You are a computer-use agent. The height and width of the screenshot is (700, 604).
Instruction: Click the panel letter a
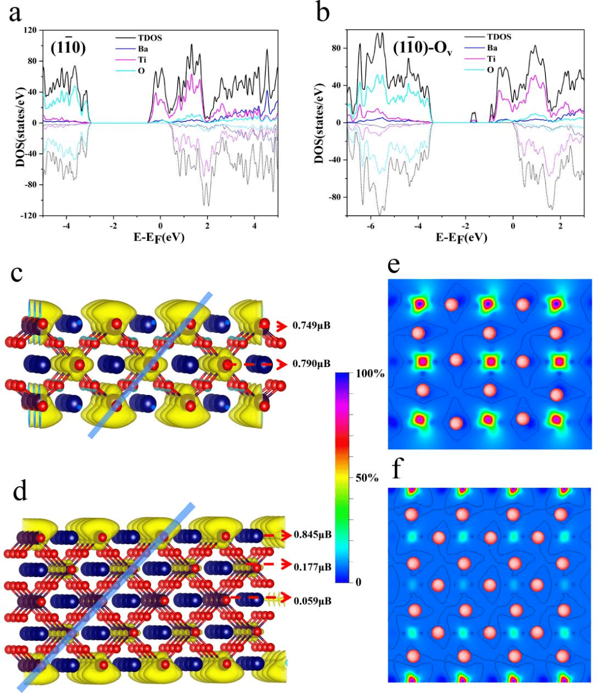coord(15,13)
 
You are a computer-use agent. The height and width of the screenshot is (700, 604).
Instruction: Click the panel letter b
coord(323,12)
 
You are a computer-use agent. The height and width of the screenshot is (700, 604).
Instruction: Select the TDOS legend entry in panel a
coord(150,38)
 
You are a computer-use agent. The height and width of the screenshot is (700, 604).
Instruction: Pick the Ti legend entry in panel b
coord(490,59)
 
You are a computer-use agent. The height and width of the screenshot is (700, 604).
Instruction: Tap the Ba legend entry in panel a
coord(143,49)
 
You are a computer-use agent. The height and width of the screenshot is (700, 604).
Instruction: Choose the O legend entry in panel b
coord(490,69)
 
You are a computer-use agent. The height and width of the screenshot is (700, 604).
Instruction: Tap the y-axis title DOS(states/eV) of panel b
coord(319,125)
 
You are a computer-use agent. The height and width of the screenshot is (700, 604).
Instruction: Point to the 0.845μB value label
coord(313,535)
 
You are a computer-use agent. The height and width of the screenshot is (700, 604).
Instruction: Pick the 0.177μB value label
coord(313,567)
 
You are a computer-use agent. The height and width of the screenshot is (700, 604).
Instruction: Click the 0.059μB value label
coord(313,601)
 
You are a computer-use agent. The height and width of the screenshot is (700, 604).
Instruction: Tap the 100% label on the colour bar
coord(370,374)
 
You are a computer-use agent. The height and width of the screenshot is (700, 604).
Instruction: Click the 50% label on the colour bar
coord(367,478)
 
